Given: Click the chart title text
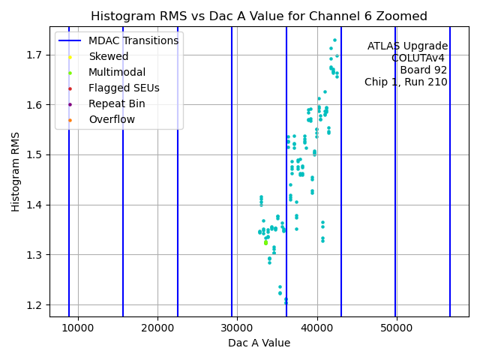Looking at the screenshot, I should (x=259, y=16).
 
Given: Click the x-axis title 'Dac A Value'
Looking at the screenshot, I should (x=259, y=343).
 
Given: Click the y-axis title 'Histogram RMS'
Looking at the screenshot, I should (x=16, y=172).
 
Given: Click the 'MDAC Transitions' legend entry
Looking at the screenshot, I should (x=133, y=40).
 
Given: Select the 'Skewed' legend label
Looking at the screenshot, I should (x=108, y=56).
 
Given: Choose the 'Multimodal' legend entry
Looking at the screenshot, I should (x=116, y=72).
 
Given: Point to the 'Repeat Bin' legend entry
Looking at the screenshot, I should (x=116, y=103).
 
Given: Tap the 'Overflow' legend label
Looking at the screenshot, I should (x=112, y=119).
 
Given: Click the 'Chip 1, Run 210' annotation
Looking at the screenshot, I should (x=406, y=82).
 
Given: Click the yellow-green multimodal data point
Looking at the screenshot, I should (x=265, y=242).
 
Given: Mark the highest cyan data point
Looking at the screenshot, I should (x=334, y=40).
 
